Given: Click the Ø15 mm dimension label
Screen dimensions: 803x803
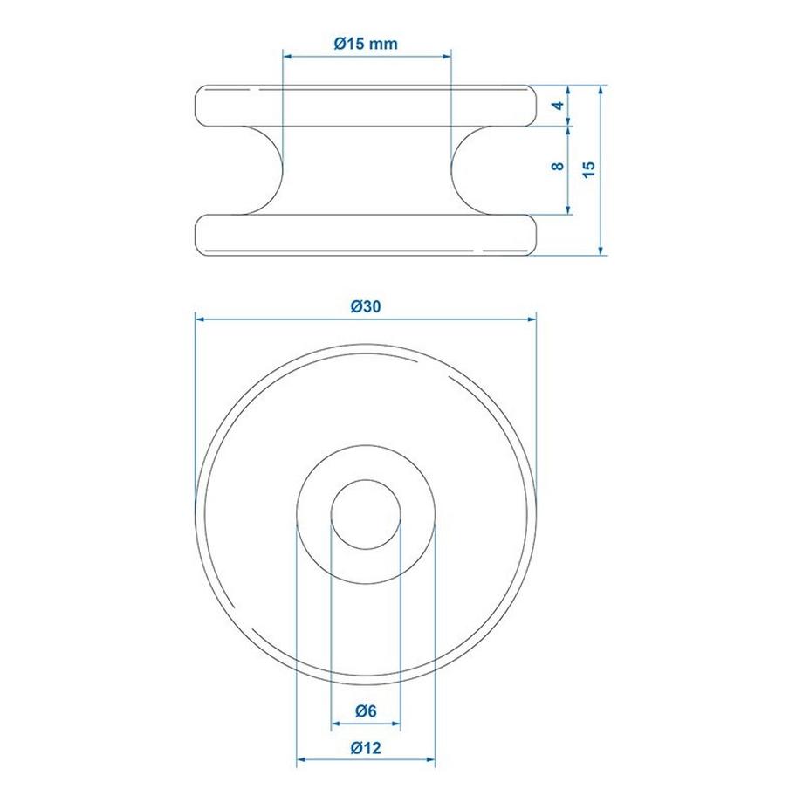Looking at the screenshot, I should [x=366, y=45].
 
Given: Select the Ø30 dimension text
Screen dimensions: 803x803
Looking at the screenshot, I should [x=366, y=305].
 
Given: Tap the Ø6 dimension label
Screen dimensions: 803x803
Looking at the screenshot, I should [x=366, y=711].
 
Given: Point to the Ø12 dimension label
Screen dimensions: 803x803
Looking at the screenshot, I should [x=366, y=748].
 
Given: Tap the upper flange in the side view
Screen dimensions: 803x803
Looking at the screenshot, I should [x=366, y=106].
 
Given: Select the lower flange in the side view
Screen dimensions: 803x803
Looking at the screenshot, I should [x=366, y=236].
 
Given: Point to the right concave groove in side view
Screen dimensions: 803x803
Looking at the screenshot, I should [x=472, y=170].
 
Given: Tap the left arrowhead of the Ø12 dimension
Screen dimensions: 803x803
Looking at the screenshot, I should [x=302, y=760].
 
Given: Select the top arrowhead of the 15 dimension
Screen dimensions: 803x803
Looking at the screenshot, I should [x=601, y=90].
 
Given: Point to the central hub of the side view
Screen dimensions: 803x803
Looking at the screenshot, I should [x=366, y=170].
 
